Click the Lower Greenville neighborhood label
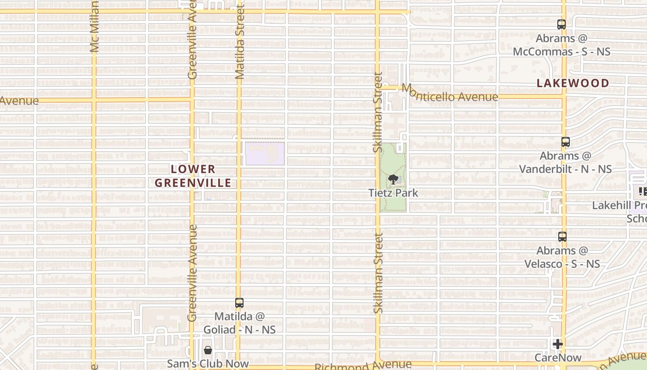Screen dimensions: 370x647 193,176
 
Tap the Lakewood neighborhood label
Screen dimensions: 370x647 573,83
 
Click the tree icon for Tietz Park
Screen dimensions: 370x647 393,179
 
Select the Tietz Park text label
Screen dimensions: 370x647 393,192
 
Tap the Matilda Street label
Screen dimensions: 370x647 239,42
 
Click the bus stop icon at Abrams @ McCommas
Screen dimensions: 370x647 562,25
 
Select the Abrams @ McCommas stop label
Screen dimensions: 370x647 562,45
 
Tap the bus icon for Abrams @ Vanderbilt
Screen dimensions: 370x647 565,142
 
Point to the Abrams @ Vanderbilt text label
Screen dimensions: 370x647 565,162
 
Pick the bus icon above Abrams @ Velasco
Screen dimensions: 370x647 562,237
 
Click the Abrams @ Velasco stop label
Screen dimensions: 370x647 562,257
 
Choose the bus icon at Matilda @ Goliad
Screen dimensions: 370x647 239,303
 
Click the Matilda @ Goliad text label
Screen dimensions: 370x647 245,323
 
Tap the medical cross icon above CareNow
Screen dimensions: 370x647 558,344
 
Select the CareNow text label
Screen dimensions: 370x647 558,358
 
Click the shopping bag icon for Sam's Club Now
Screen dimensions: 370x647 208,350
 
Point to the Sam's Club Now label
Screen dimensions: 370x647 208,364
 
